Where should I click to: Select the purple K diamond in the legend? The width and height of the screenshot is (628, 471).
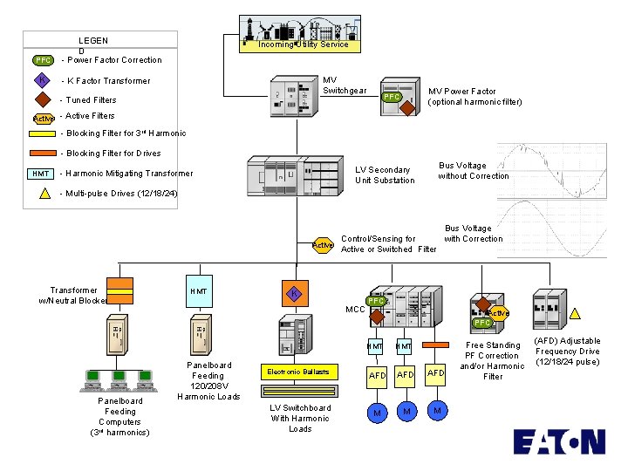pos(43,80)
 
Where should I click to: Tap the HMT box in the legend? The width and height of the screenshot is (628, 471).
pos(42,174)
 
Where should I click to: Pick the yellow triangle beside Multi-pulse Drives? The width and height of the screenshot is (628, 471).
pos(44,193)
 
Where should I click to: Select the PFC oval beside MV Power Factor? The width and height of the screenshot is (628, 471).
pos(393,98)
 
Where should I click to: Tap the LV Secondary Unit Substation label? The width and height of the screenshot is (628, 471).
pos(385,175)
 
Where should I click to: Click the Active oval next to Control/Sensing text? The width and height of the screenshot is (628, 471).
pos(323,246)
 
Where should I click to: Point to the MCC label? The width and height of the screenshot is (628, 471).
pos(355,310)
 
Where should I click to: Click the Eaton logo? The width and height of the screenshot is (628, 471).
pos(558,442)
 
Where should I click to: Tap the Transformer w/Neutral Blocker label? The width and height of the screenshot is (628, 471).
pos(74,296)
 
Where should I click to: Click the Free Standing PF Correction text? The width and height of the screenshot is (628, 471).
pos(493,361)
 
